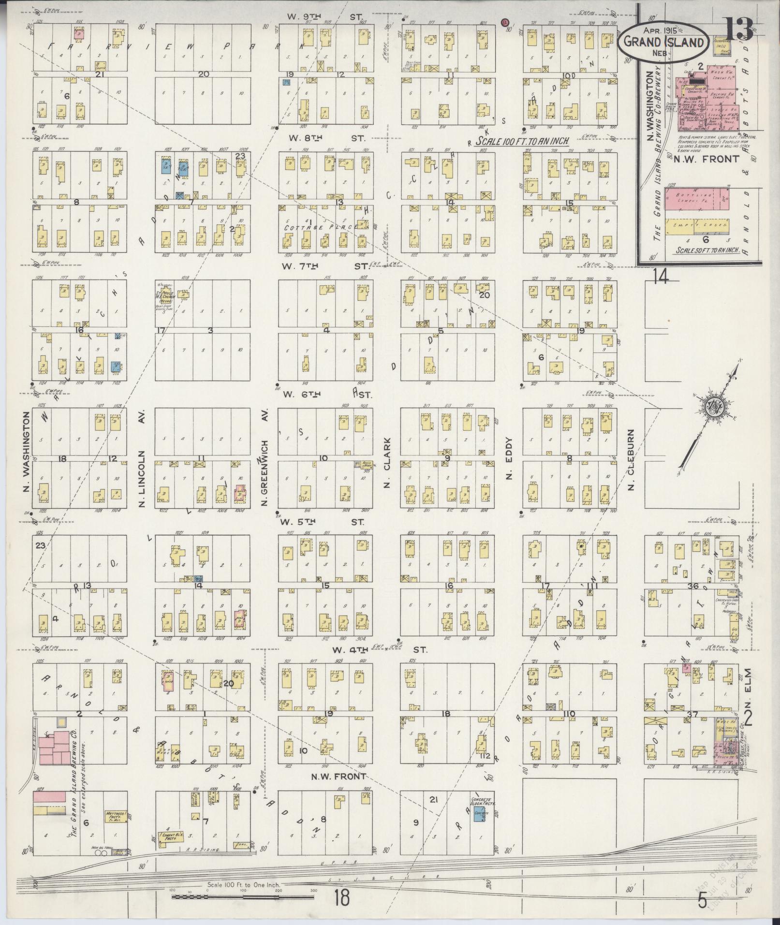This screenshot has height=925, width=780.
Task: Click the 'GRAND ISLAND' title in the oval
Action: point(663,42)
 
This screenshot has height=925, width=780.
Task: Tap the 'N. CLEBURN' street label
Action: point(631,459)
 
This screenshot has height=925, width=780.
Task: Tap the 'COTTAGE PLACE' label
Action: point(321,227)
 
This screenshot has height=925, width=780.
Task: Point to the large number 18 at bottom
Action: point(341,899)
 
